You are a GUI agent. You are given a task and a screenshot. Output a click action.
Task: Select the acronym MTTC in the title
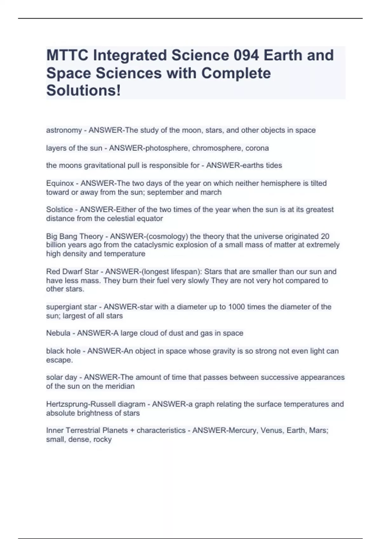[x=67, y=55]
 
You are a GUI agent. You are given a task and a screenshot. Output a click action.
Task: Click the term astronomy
[x=64, y=130]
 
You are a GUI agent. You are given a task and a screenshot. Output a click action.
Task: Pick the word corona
[x=257, y=148]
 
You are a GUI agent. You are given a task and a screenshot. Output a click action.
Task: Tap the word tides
[x=274, y=166]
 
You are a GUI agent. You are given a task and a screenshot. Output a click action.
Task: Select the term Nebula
[x=58, y=333]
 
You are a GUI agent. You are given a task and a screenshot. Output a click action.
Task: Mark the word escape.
[x=59, y=360]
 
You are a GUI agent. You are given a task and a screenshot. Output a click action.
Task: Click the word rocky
[x=102, y=439]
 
